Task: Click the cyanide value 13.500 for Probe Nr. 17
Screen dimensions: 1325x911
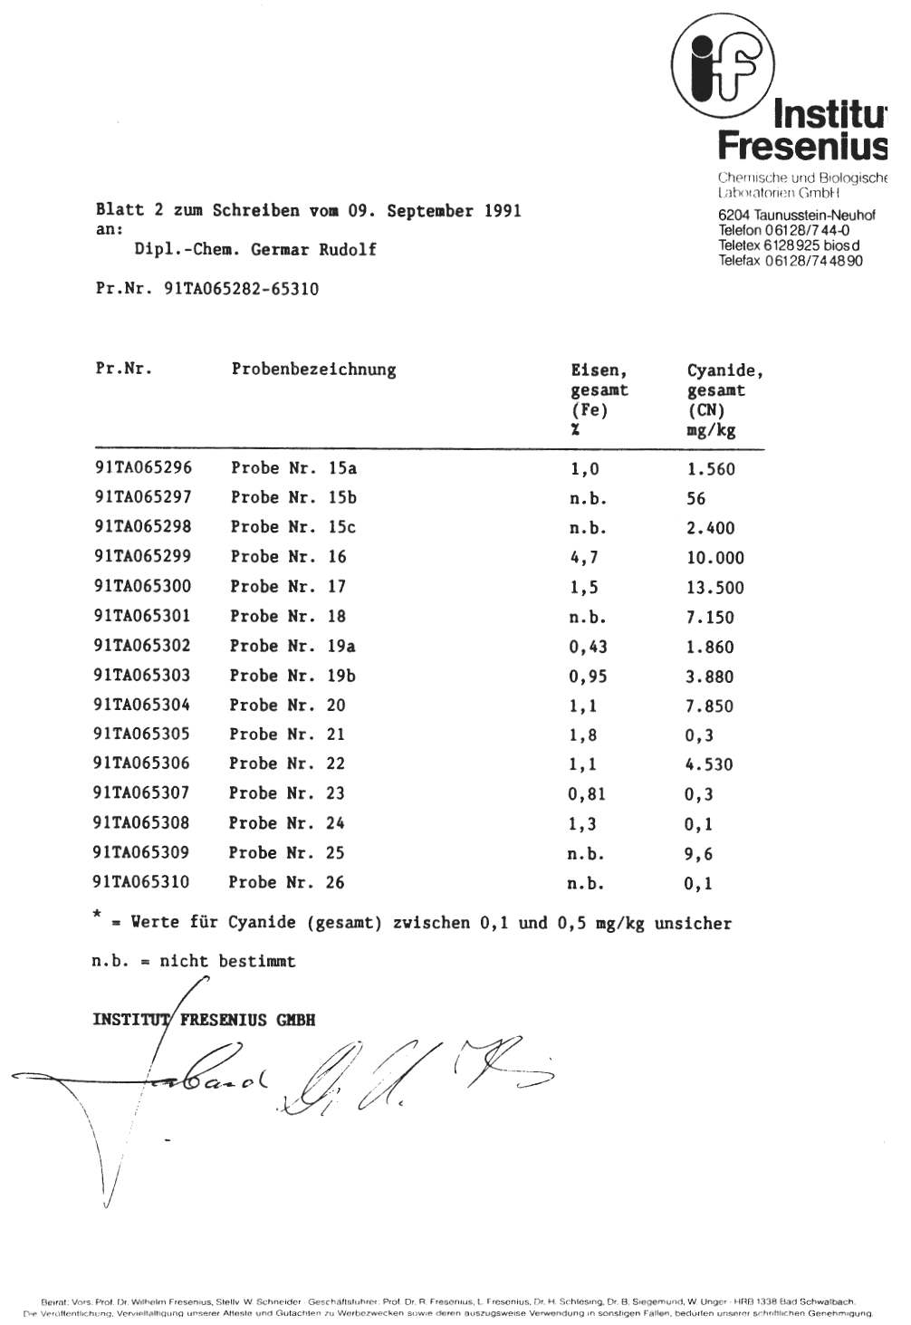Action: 714,588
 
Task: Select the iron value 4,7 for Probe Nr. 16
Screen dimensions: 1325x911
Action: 584,558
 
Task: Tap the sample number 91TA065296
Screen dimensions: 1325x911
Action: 143,468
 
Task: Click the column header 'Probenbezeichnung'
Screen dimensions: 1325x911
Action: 313,370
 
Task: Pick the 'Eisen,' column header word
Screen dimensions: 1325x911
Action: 599,370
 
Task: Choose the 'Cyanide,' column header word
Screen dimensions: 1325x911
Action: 724,370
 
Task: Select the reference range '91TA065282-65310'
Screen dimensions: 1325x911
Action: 241,290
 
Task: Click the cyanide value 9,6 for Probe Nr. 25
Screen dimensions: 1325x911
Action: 699,853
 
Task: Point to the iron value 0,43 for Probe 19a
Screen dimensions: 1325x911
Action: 588,647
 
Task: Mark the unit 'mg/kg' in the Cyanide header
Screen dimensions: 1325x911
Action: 711,431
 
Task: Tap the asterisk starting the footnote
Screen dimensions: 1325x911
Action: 96,916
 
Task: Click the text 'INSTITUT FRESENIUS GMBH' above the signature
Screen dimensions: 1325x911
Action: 204,1020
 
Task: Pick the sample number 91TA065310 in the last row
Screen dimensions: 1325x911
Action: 141,882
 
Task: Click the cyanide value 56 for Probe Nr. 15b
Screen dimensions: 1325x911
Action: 695,499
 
